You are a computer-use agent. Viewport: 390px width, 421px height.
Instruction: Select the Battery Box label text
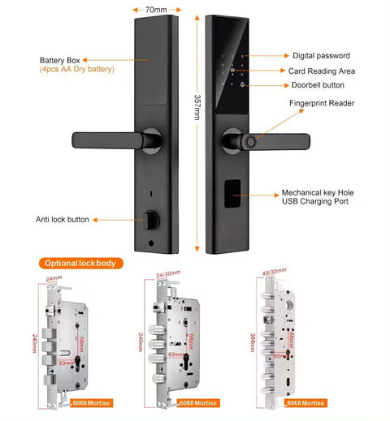click(x=61, y=59)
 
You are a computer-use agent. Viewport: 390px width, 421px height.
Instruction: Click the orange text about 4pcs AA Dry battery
click(x=77, y=69)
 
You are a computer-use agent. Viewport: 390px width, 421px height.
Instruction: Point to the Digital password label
click(x=321, y=56)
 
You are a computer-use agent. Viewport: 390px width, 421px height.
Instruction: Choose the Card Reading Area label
click(x=323, y=71)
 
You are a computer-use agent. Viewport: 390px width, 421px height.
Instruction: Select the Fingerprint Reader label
click(x=322, y=103)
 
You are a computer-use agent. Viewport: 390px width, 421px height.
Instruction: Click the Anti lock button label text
click(x=62, y=219)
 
